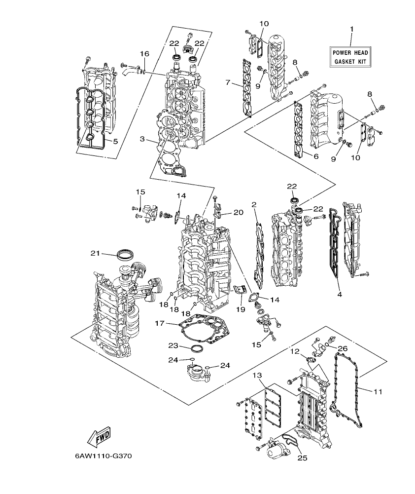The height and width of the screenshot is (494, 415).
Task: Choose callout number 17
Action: [159, 324]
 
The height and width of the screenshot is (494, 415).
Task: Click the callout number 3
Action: [142, 140]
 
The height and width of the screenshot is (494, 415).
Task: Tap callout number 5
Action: [115, 142]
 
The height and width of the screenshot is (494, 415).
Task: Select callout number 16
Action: [144, 54]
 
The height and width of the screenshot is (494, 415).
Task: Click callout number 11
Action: [377, 392]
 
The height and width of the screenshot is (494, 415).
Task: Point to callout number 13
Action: [257, 376]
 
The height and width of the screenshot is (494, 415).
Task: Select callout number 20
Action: [239, 213]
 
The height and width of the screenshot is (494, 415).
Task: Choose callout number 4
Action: [339, 295]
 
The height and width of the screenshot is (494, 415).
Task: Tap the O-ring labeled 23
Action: [197, 349]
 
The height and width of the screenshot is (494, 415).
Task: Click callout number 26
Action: [343, 348]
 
